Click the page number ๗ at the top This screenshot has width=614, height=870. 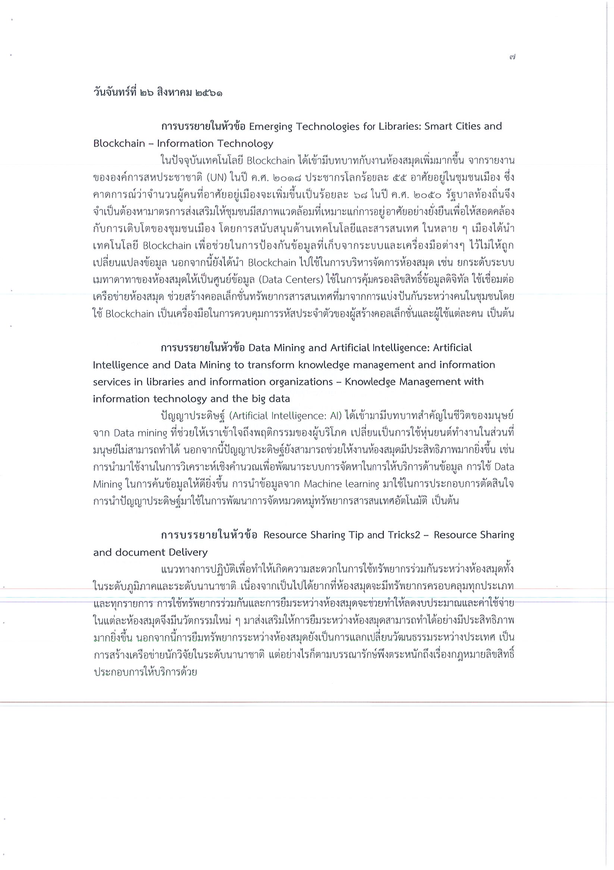[512, 57]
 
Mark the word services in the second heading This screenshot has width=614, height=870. [112, 381]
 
